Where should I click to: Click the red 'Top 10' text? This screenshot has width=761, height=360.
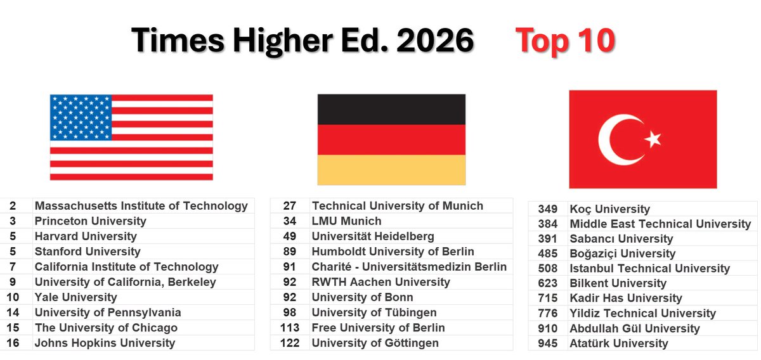click(565, 41)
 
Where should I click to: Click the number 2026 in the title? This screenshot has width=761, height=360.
click(435, 41)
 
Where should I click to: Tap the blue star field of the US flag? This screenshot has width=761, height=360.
click(81, 117)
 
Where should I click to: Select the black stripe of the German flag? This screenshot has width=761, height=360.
click(391, 110)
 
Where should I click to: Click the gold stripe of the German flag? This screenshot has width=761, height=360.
click(391, 170)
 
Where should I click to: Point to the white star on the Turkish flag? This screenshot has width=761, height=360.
click(653, 139)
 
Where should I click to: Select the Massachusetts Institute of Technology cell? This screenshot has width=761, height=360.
click(141, 206)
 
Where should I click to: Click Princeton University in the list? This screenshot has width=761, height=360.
click(90, 221)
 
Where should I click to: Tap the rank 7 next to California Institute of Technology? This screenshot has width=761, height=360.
click(13, 267)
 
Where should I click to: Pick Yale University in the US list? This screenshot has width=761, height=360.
click(75, 297)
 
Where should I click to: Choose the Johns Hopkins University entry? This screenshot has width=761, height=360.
click(105, 343)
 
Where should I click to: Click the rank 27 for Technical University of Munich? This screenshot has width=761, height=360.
click(290, 206)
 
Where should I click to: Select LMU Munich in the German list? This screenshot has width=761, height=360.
click(346, 221)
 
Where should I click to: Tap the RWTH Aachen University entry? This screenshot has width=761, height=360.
click(381, 282)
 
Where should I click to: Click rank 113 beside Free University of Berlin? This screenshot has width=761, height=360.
click(290, 328)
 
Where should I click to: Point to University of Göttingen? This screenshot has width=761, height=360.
click(375, 343)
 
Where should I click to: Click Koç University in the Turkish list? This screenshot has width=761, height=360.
click(610, 209)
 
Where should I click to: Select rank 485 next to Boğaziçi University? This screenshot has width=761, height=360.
click(548, 254)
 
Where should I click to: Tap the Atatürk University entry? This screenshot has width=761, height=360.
click(619, 344)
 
